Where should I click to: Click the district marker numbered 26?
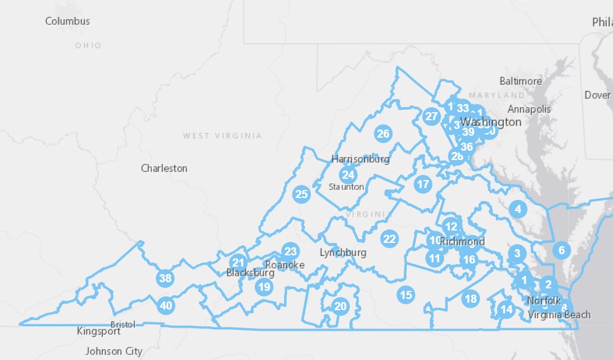click(x=383, y=133)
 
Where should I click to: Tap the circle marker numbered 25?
click(x=302, y=194)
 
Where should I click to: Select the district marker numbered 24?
click(x=348, y=175)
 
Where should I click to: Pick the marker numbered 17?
click(x=422, y=184)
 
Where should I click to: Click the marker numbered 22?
click(x=389, y=239)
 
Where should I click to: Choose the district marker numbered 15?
click(x=406, y=295)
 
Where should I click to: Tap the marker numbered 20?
click(x=340, y=306)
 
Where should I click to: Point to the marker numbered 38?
click(x=165, y=278)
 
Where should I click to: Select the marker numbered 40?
click(x=166, y=305)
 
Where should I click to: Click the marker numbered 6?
click(x=561, y=250)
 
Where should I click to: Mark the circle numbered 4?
click(x=518, y=209)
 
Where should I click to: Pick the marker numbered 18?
click(x=470, y=299)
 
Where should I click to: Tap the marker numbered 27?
click(x=431, y=116)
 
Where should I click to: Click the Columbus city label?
click(x=67, y=21)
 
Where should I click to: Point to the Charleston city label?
click(x=164, y=168)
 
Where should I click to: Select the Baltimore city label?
click(x=520, y=81)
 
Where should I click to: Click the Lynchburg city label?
click(x=343, y=253)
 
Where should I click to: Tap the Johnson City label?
click(x=113, y=351)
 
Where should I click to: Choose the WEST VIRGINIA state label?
click(x=222, y=136)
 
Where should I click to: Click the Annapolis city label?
click(x=530, y=109)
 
